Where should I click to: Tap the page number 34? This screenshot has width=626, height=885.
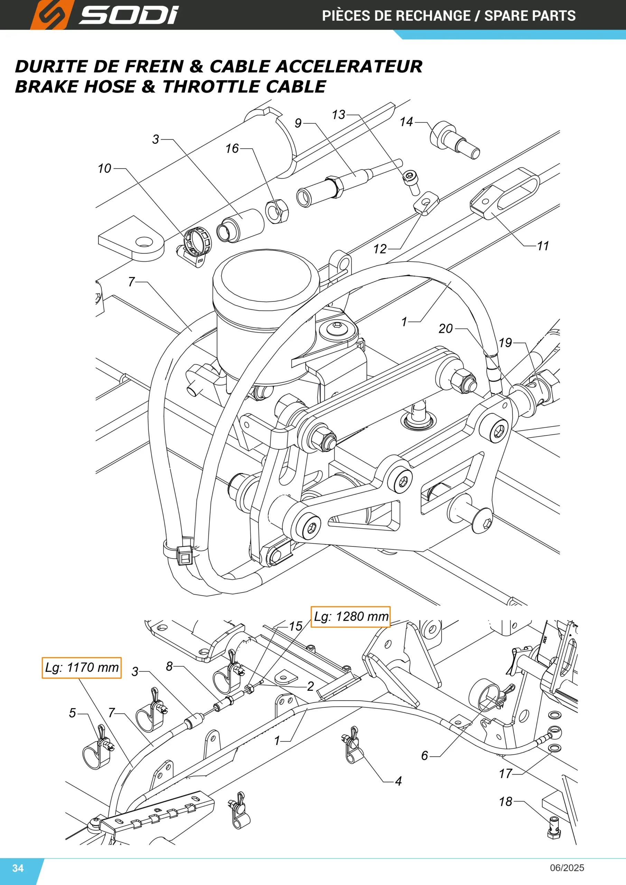[x=18, y=868]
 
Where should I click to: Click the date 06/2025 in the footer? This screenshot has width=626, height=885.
[x=567, y=868]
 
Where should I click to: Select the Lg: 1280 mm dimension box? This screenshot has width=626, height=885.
[x=351, y=617]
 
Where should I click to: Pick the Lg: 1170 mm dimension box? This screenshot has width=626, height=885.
[x=81, y=668]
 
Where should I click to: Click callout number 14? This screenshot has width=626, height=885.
[x=406, y=122]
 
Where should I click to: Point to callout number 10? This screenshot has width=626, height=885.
[x=104, y=168]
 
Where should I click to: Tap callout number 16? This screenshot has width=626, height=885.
[x=232, y=148]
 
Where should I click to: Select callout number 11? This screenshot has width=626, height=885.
[x=543, y=245]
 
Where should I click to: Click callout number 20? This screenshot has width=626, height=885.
[x=446, y=328]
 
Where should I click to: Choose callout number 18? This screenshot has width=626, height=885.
[x=505, y=801]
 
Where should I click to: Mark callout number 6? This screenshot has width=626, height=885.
[x=424, y=755]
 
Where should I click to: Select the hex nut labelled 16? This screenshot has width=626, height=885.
[x=277, y=211]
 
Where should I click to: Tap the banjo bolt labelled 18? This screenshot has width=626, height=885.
[x=554, y=828]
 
